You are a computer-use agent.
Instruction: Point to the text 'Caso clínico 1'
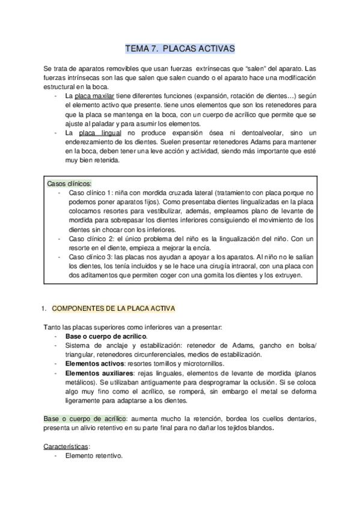(x=90, y=193)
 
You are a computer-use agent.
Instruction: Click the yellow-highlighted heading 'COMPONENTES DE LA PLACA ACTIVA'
(x=114, y=309)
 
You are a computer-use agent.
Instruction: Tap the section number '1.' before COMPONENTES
(x=44, y=309)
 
